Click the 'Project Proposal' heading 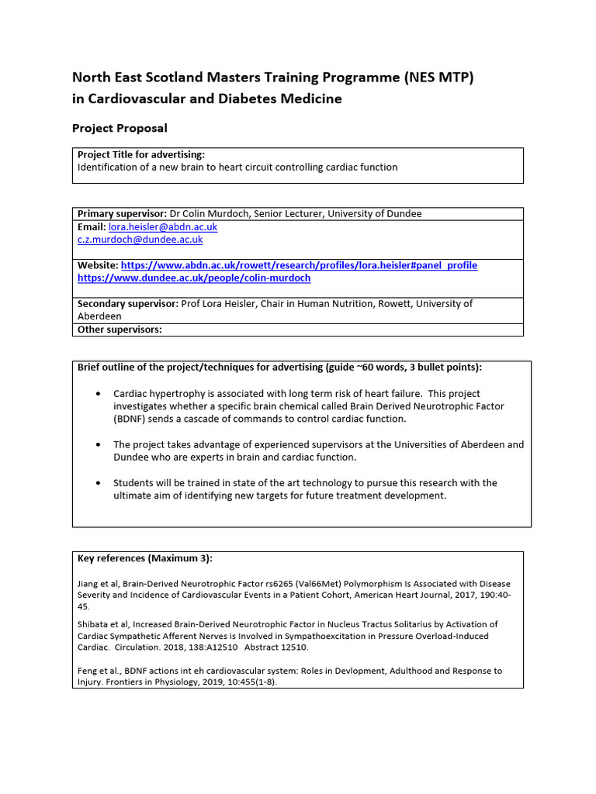click(120, 128)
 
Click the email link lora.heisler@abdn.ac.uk click(163, 227)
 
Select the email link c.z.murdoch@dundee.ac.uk click(140, 240)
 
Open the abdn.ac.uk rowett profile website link click(299, 265)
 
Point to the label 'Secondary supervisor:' click(128, 304)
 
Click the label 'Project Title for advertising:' click(141, 154)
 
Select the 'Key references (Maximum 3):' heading click(145, 558)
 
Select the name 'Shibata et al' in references click(102, 624)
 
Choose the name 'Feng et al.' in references click(98, 671)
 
